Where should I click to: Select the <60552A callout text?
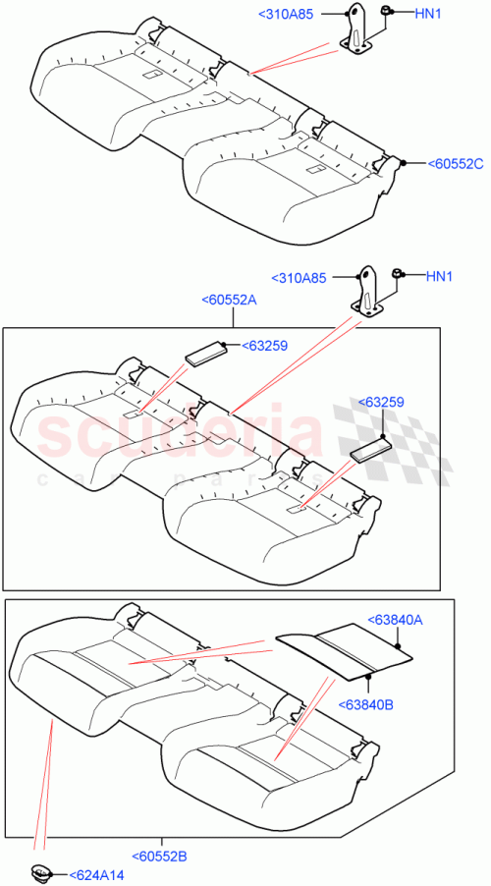[228, 302]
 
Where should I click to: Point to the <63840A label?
[395, 620]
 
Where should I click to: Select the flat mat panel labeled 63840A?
[344, 648]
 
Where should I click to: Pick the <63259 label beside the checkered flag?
[382, 403]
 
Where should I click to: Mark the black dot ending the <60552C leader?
[403, 161]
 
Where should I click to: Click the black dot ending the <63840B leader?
[370, 675]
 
